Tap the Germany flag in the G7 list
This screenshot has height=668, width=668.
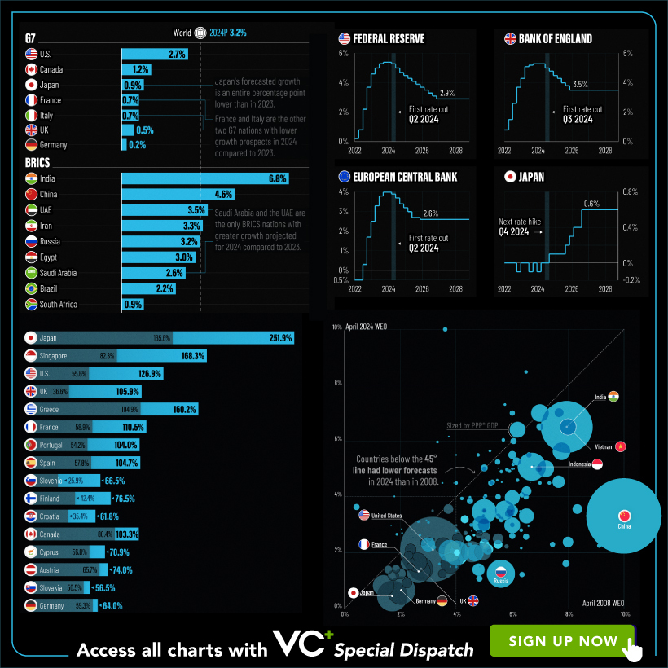pyautogui.click(x=31, y=144)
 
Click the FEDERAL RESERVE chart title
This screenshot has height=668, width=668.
pyautogui.click(x=388, y=39)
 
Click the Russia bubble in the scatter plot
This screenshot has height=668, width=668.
pyautogui.click(x=501, y=574)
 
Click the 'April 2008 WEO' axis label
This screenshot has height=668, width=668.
pyautogui.click(x=603, y=601)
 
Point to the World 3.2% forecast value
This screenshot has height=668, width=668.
pyautogui.click(x=238, y=33)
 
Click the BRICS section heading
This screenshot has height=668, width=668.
pyautogui.click(x=37, y=162)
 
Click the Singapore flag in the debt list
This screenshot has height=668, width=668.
pyautogui.click(x=31, y=356)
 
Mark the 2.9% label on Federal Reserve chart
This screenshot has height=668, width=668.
pyautogui.click(x=447, y=93)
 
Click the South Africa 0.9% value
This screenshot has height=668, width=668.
pyautogui.click(x=132, y=305)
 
